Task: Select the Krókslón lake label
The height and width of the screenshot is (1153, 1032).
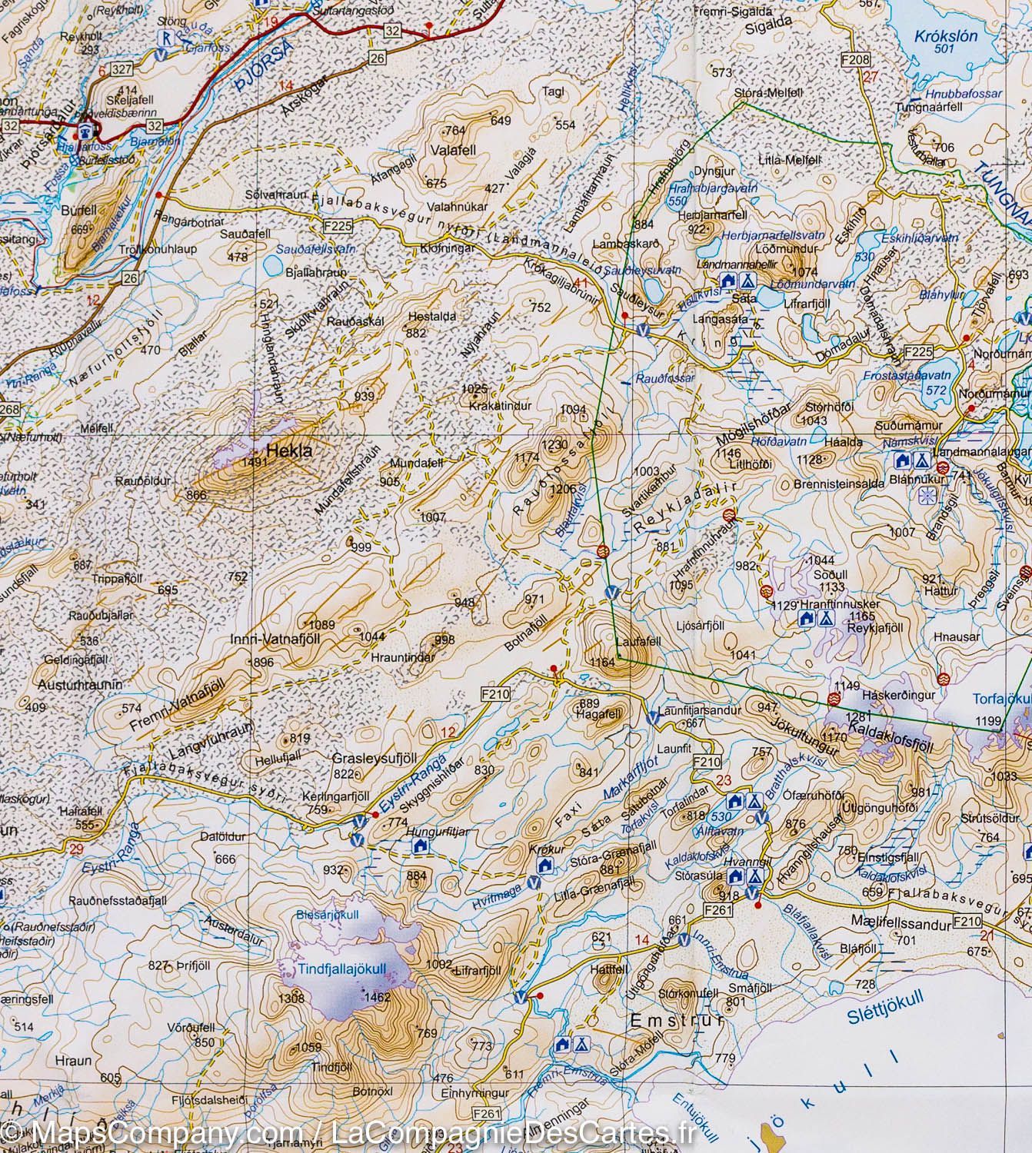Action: pyautogui.click(x=935, y=35)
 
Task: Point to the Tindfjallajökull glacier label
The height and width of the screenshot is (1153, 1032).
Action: pyautogui.click(x=341, y=969)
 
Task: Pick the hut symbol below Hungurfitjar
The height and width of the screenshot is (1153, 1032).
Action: pyautogui.click(x=420, y=846)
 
